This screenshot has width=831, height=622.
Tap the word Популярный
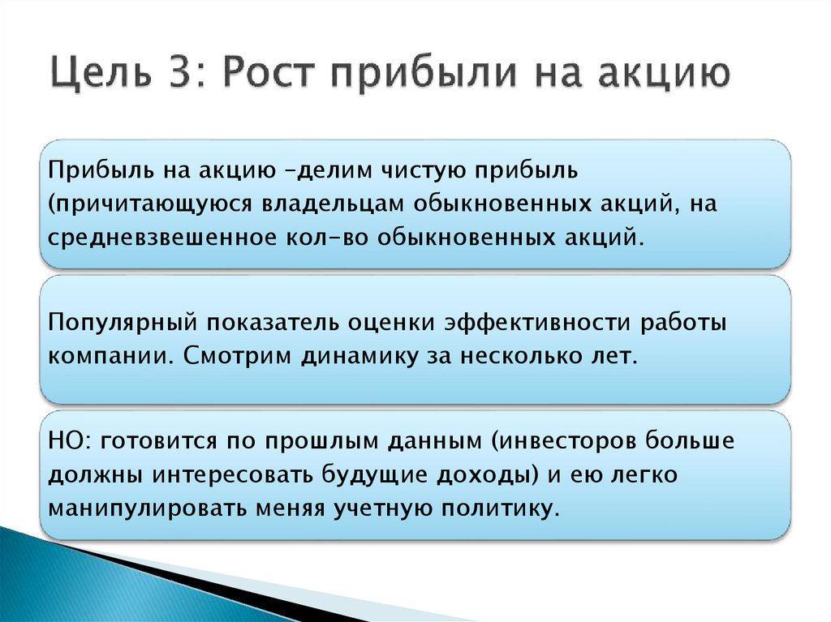[123, 323]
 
